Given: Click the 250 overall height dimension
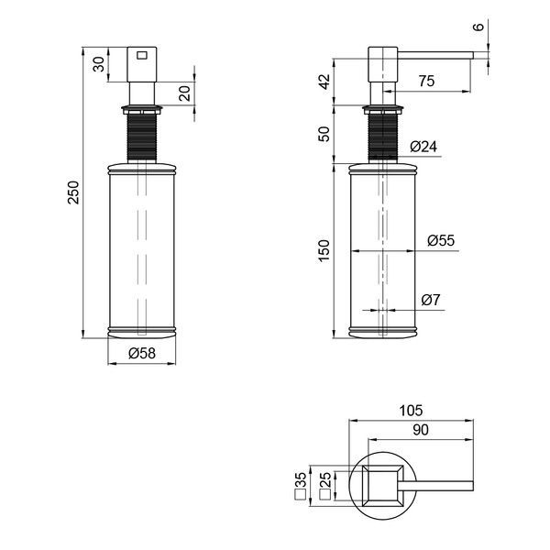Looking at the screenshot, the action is coord(74,192).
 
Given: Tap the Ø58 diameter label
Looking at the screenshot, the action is coord(142,353).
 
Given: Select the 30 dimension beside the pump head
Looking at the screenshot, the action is coord(99,64).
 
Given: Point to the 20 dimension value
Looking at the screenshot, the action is coord(184,93).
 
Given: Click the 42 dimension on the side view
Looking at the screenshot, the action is coord(324,82).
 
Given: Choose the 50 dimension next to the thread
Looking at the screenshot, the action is coord(324,134).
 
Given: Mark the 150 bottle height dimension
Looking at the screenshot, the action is coord(324,250).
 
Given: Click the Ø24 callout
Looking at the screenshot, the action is coord(423,147).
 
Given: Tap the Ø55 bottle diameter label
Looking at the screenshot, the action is coord(441,240).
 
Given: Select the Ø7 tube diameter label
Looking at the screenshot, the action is coord(431,300).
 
